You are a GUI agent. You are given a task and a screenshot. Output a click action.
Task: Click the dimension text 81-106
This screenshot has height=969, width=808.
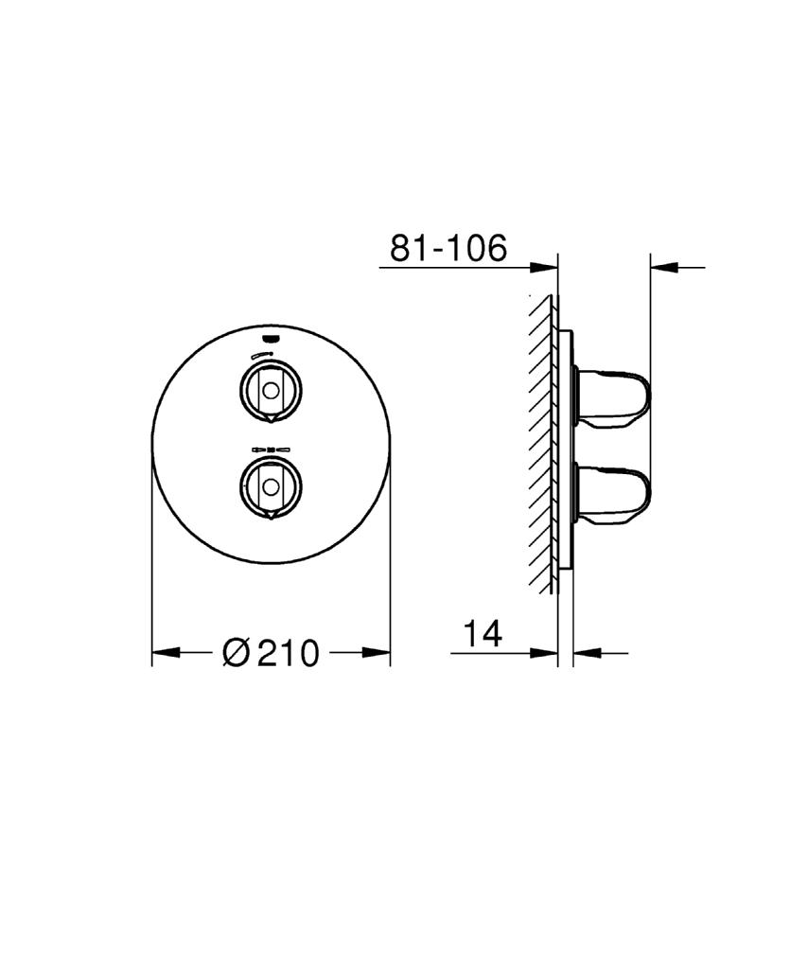(x=448, y=248)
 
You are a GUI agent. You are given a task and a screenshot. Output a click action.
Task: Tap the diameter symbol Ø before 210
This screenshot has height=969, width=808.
(x=236, y=652)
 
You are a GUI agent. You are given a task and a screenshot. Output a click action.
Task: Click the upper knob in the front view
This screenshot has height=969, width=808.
(x=271, y=388)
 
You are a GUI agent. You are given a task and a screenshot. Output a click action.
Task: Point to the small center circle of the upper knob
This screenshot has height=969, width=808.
(x=271, y=388)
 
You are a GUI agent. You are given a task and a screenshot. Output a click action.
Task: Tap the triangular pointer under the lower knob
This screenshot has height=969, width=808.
(x=271, y=514)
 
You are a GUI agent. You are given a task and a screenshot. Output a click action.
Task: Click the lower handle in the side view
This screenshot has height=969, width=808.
(x=615, y=492)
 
